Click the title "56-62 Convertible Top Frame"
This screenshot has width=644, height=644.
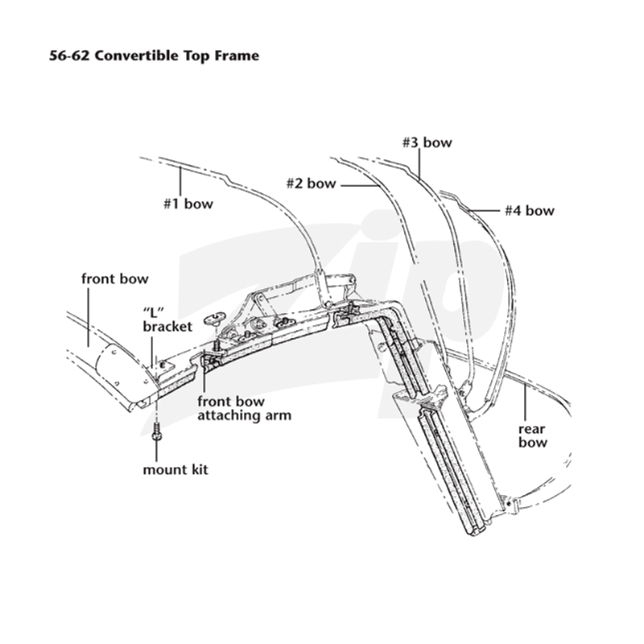[154, 56]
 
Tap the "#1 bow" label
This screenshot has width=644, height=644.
[188, 204]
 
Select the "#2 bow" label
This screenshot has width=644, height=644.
[311, 184]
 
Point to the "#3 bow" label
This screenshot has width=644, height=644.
[427, 142]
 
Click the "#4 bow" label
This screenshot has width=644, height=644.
[530, 211]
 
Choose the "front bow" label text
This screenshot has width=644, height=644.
[114, 279]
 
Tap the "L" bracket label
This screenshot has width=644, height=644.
[167, 320]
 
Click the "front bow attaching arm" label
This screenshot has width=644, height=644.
[245, 408]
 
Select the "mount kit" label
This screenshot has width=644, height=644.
[175, 469]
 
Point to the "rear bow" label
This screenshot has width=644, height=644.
[533, 436]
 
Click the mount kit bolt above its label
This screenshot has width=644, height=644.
[156, 431]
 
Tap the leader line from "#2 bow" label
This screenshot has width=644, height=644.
[359, 186]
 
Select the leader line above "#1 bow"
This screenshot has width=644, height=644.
[180, 181]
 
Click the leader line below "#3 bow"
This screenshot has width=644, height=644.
[419, 164]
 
